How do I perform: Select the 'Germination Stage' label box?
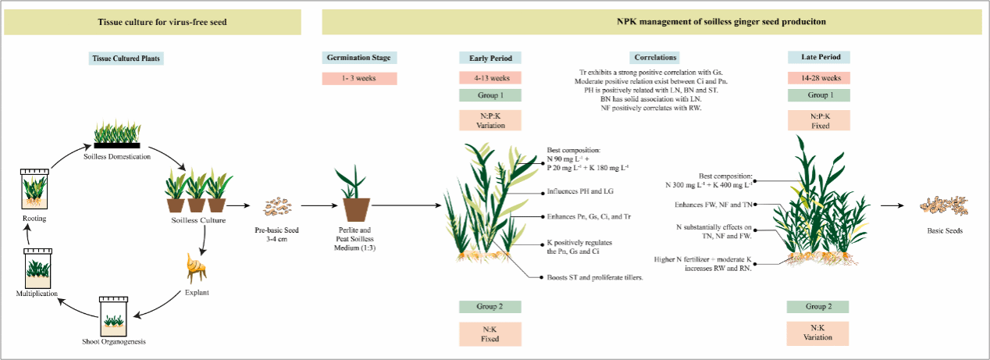[x=359, y=58]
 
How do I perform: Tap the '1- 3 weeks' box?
[x=359, y=78]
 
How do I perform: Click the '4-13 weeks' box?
[x=490, y=78]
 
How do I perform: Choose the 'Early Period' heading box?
[x=490, y=58]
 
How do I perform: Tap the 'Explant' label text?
[x=198, y=292]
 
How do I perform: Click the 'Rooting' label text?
[x=34, y=219]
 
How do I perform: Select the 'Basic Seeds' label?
[x=944, y=230]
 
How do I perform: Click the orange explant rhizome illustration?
[x=198, y=269]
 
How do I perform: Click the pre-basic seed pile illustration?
[x=276, y=207]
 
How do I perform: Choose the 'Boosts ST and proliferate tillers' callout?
[x=590, y=278]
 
